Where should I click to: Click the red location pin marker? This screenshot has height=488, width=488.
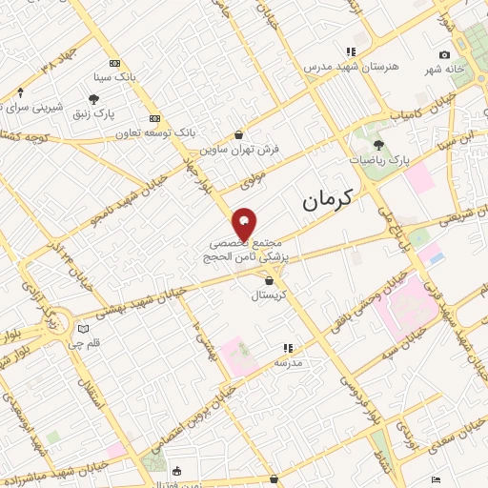(244, 223)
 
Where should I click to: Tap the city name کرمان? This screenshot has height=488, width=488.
(326, 198)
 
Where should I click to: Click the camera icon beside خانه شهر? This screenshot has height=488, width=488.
(444, 55)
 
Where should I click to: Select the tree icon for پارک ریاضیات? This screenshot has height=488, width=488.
(379, 145)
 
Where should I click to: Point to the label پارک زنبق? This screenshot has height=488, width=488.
(95, 114)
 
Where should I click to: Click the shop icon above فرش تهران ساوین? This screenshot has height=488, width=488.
(237, 134)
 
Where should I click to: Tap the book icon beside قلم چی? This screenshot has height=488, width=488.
(82, 330)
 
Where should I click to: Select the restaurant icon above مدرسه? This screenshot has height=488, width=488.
(287, 349)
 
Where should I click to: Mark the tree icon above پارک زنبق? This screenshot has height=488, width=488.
(94, 98)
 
